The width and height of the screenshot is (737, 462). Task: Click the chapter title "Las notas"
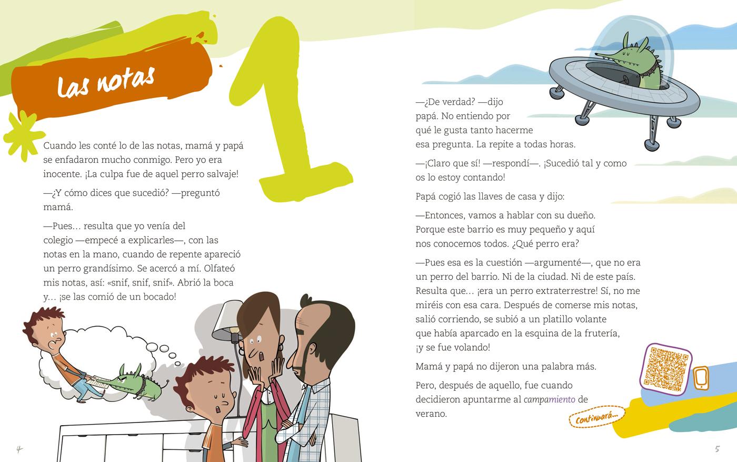click(106, 82)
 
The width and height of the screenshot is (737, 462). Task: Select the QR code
click(666, 369)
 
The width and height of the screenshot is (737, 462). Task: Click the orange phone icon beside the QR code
click(701, 378)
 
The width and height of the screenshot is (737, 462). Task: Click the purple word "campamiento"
click(549, 399)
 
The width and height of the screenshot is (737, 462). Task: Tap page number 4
click(19, 449)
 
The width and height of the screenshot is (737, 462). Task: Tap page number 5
click(717, 449)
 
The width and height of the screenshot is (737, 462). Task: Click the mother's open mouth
click(261, 356)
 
